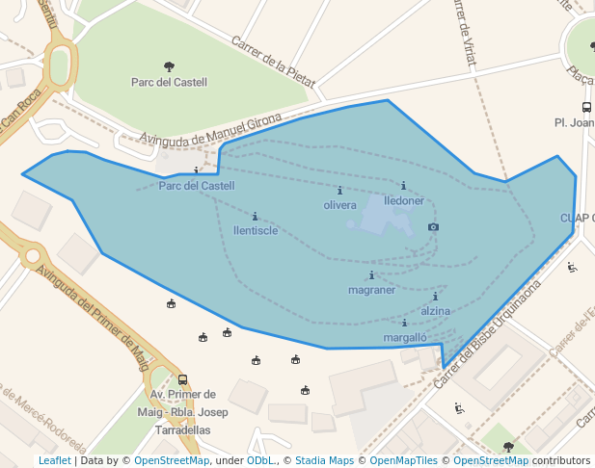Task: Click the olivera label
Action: [x=339, y=205]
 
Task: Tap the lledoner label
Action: [x=404, y=201]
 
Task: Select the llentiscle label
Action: [x=256, y=230]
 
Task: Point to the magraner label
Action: [x=371, y=290]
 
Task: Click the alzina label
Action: [x=436, y=311]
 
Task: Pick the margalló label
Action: [x=405, y=338]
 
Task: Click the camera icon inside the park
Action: [x=433, y=226]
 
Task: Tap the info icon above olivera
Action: [x=339, y=190]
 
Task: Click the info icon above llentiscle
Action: [x=255, y=216]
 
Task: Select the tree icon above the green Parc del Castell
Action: [x=170, y=66]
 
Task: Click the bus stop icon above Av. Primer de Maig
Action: [x=182, y=379]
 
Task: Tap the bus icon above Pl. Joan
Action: [x=586, y=107]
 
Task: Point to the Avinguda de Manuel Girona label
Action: [x=211, y=131]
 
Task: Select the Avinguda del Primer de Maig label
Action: [x=93, y=308]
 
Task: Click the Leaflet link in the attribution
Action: [x=54, y=460]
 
